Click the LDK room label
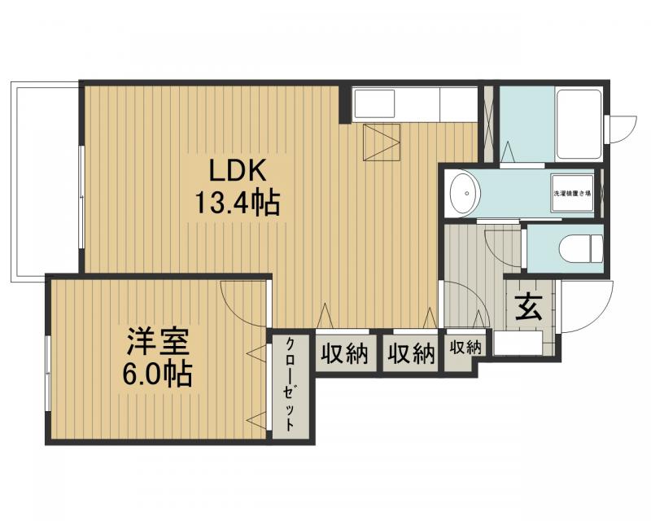[238, 171]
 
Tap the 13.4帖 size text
[237, 202]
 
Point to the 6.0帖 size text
[158, 374]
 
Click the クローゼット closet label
[290, 386]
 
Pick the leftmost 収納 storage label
[344, 353]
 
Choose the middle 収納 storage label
[411, 353]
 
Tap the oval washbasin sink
[465, 195]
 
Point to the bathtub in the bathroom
[579, 124]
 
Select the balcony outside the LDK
[46, 179]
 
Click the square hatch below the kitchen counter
[382, 142]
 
